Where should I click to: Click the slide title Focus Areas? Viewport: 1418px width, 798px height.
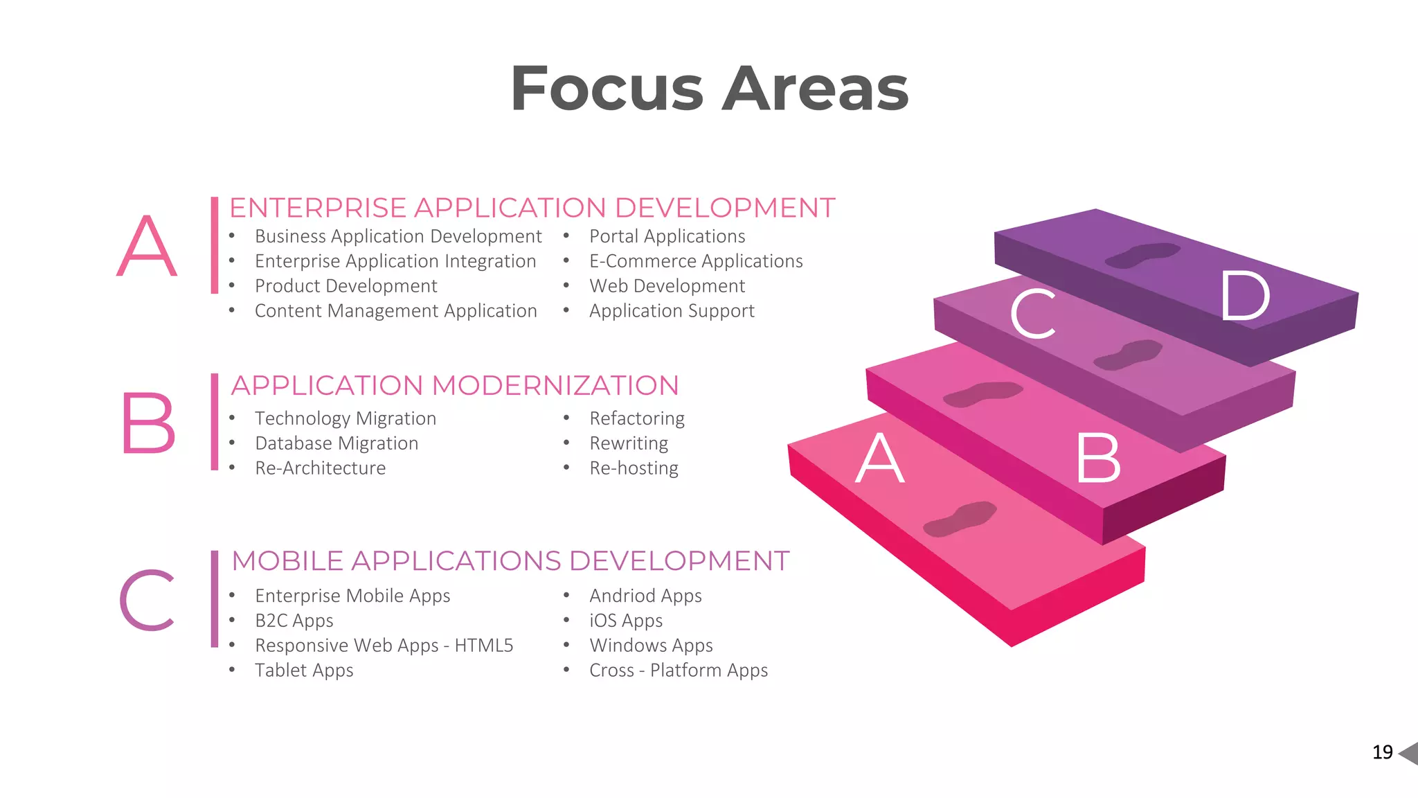tap(709, 89)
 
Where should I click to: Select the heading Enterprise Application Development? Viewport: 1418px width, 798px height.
tap(532, 208)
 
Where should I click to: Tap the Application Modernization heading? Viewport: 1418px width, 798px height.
tap(455, 386)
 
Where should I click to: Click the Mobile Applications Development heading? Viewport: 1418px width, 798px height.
tap(510, 561)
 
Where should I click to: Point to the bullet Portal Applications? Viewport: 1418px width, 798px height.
tap(667, 237)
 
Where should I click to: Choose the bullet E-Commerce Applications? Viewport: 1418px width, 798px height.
tap(696, 262)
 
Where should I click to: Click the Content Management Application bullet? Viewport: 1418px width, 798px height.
tap(395, 312)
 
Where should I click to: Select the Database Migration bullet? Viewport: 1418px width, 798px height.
tap(336, 444)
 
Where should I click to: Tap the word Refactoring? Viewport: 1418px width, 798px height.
tap(637, 419)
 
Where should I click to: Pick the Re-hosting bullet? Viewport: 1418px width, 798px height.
tap(634, 469)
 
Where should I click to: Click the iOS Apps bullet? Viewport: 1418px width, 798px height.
tap(626, 621)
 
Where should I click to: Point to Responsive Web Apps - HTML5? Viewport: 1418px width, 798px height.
tap(384, 646)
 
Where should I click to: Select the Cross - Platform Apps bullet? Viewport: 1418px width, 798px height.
tap(679, 671)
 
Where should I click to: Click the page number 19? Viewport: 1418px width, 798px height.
tap(1382, 752)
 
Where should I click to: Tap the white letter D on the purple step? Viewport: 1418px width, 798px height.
tap(1245, 296)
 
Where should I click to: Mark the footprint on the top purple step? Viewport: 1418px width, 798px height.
tap(1142, 255)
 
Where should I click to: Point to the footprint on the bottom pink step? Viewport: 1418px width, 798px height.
tap(960, 519)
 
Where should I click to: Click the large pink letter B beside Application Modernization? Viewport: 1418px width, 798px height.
tap(147, 423)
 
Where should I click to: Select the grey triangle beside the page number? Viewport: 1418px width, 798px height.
tap(1409, 753)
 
